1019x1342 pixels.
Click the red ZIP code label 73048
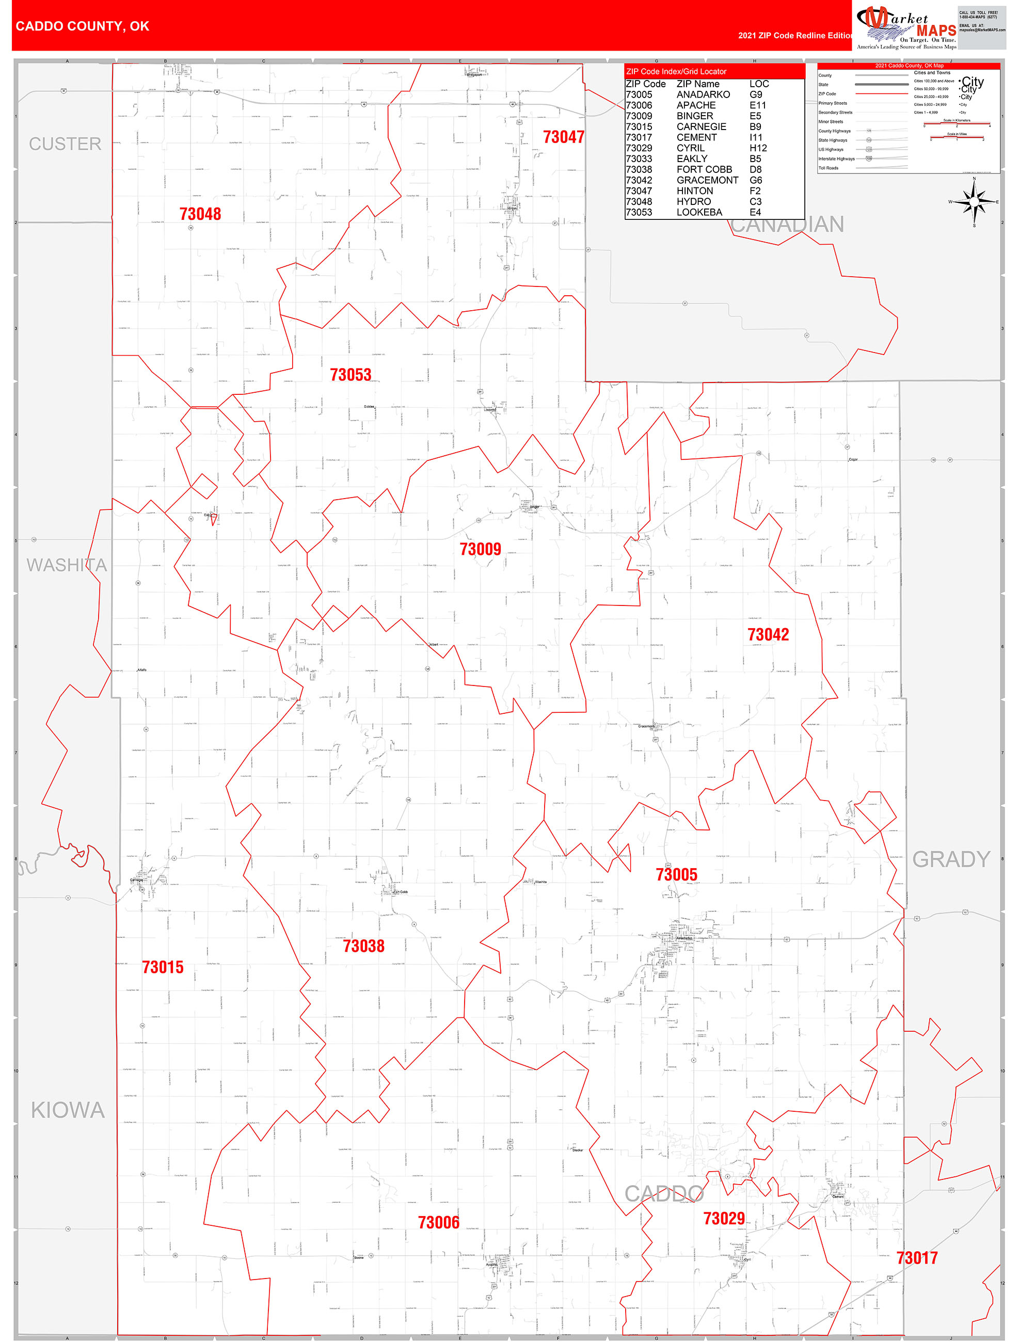point(200,214)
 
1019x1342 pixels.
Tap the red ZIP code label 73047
point(563,137)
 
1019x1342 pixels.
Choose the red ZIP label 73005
point(676,874)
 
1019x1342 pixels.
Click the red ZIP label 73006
point(438,1222)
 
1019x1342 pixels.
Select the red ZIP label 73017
point(916,1258)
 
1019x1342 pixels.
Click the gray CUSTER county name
point(65,144)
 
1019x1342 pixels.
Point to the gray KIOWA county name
point(68,1110)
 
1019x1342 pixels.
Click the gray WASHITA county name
point(67,565)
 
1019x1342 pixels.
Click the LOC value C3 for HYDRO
point(755,201)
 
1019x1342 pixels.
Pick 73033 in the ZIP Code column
point(639,159)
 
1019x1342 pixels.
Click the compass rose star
point(974,202)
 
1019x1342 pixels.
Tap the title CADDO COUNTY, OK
point(83,26)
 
